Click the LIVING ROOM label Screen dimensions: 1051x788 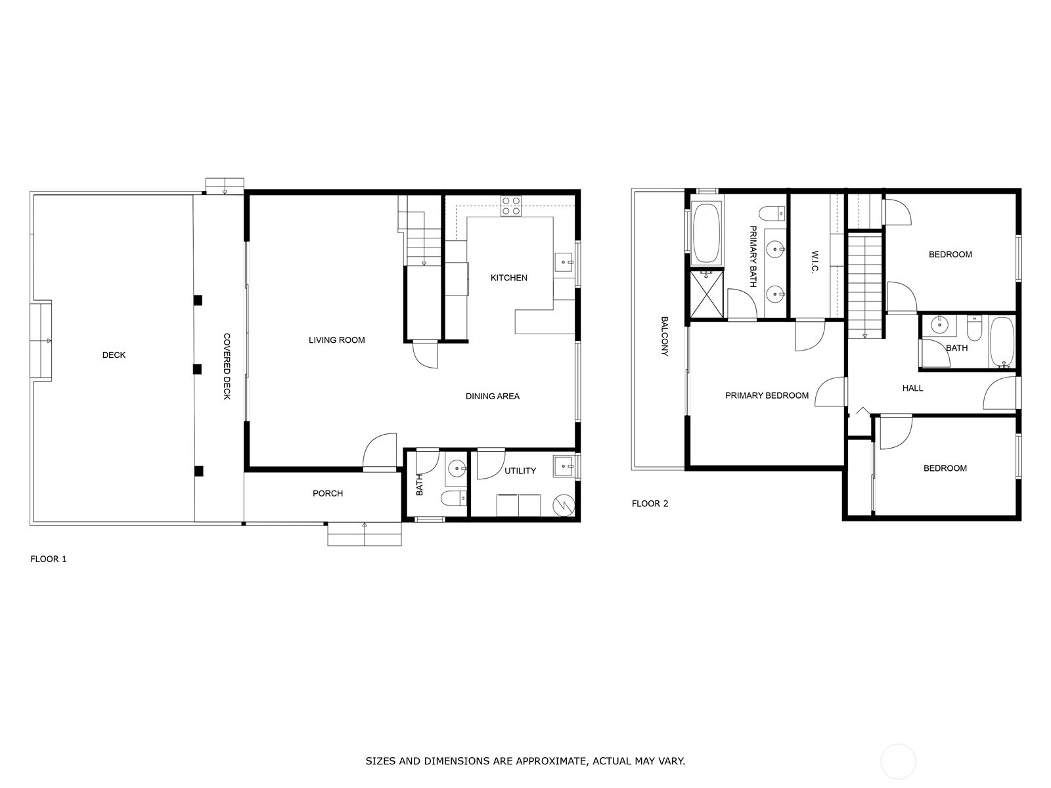click(x=336, y=340)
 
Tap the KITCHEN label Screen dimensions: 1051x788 click(x=508, y=278)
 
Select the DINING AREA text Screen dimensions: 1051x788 click(x=492, y=396)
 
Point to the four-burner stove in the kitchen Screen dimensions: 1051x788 click(x=511, y=206)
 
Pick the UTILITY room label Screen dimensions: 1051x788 click(x=520, y=471)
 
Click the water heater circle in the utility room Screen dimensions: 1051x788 click(x=563, y=505)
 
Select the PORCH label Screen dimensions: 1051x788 click(x=328, y=493)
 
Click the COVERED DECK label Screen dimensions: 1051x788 click(x=227, y=366)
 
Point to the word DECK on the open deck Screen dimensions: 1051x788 click(x=114, y=355)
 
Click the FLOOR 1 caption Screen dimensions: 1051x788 click(x=49, y=559)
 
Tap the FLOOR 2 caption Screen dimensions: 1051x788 click(x=650, y=503)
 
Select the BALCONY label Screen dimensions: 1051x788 click(x=665, y=336)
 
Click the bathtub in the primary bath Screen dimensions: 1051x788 click(x=707, y=233)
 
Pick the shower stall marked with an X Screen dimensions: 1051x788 click(x=707, y=294)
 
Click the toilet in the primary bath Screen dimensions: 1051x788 click(x=772, y=213)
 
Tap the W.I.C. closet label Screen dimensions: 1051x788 click(x=815, y=261)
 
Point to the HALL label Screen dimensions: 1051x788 click(x=912, y=388)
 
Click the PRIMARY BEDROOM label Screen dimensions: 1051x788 click(x=767, y=395)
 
